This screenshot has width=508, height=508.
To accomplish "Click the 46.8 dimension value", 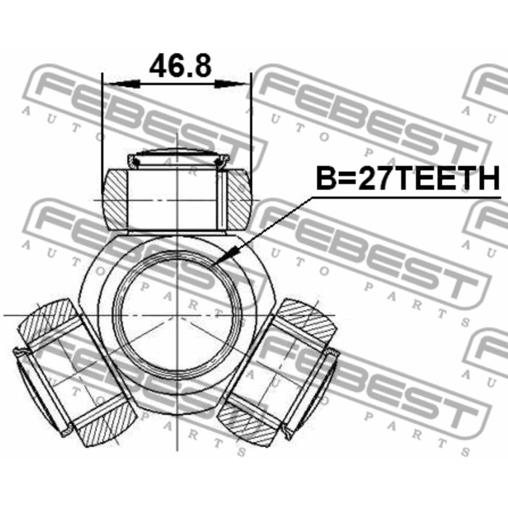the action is [x=180, y=66].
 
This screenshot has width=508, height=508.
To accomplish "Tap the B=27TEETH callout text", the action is [x=408, y=179].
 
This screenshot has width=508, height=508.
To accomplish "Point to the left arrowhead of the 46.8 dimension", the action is [x=124, y=85].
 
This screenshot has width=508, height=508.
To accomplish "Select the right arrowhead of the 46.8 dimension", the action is [x=231, y=85].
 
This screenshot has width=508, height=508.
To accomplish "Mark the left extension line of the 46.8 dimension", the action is [x=102, y=133].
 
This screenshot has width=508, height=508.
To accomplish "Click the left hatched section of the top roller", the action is [x=115, y=199].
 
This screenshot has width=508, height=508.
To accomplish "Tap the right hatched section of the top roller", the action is [x=239, y=200].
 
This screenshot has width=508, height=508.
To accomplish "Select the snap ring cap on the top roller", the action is [x=179, y=158].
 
